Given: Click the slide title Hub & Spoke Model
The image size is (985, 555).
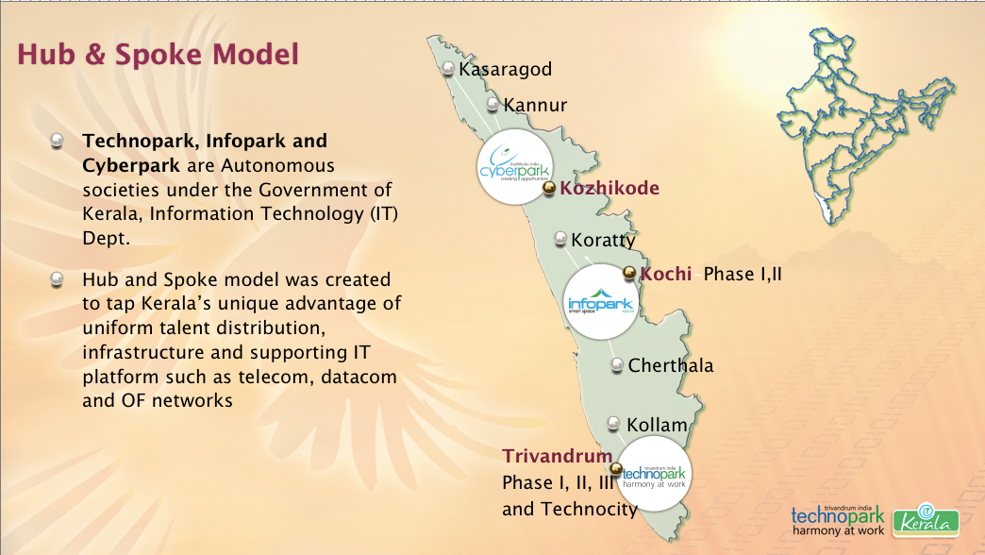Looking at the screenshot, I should pos(158,54).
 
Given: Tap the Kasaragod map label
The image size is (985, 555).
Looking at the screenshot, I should pos(505,69).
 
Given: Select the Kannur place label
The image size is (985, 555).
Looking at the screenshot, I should pos(535,105).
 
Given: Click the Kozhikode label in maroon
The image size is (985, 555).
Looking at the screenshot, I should pos(609,188).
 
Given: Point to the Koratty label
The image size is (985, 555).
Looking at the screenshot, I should pos(603,240).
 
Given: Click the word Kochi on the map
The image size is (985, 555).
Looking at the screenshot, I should pos(667,275).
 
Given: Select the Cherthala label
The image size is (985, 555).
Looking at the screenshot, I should pos(671,365).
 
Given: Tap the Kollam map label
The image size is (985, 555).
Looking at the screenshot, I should pos(657,425).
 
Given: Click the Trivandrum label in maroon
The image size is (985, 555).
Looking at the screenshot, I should pos(551,455).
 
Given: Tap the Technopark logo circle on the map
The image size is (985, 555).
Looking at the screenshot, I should pos(653,474).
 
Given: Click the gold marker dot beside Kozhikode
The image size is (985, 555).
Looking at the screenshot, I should pos(549,189).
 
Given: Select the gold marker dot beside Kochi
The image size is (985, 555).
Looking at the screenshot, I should pos(630,274).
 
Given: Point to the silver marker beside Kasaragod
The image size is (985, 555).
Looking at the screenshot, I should pos(448,68).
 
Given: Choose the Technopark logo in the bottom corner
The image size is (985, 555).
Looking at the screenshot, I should pos(838,518).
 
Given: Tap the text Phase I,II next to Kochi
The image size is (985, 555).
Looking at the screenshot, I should pos(743,275).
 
